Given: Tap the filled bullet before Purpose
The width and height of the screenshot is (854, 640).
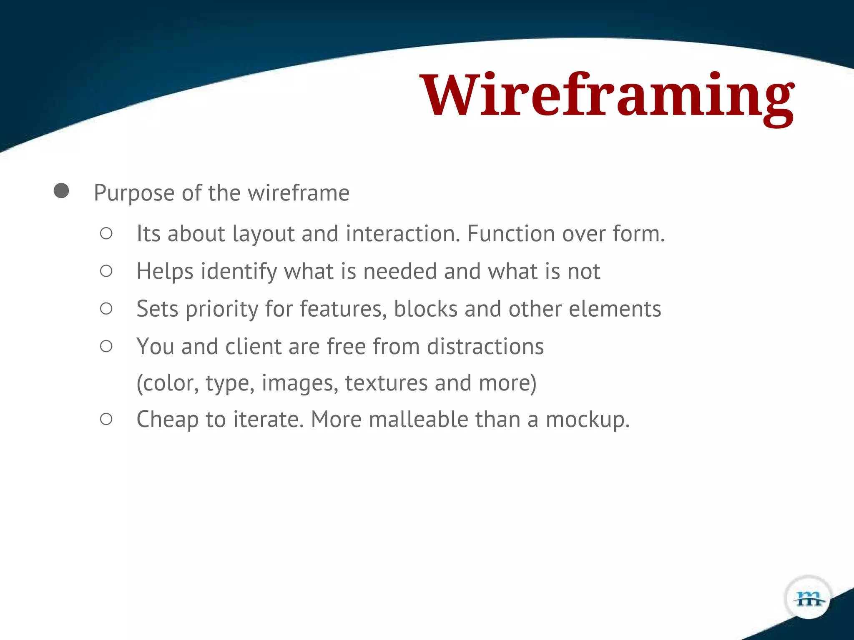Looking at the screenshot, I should [61, 191].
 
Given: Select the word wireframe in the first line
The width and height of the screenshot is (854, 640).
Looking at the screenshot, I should [299, 193].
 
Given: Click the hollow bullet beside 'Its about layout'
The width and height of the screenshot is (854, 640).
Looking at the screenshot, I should [106, 233].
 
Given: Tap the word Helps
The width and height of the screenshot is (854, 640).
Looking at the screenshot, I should [165, 272].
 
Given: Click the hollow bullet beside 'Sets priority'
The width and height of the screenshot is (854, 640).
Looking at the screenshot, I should [106, 309].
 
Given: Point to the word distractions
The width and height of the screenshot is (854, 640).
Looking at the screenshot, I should [485, 347].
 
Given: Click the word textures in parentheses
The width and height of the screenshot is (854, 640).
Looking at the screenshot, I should [386, 383].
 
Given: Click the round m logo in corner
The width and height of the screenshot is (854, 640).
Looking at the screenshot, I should [809, 598].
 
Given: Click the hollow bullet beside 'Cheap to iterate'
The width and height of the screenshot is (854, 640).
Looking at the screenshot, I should [106, 419].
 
